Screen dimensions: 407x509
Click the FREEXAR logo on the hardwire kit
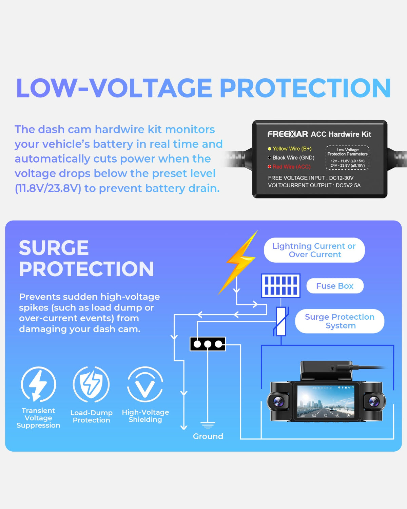click(x=287, y=134)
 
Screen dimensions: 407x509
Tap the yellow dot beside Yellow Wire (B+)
click(x=269, y=149)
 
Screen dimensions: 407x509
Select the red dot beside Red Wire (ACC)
click(x=269, y=167)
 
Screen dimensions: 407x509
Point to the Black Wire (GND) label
click(x=293, y=157)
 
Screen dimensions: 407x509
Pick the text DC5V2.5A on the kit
click(x=348, y=185)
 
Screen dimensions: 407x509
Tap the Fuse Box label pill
click(x=335, y=286)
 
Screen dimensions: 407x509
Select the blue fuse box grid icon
click(x=281, y=286)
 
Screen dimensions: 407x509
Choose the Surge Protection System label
click(x=340, y=321)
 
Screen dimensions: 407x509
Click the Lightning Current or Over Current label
click(x=314, y=250)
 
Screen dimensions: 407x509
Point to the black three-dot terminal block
click(x=208, y=344)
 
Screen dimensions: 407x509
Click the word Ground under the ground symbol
click(x=208, y=436)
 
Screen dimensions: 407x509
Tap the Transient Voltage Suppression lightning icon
click(x=38, y=384)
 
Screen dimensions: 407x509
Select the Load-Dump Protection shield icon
click(x=91, y=384)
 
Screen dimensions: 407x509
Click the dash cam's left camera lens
click(x=278, y=401)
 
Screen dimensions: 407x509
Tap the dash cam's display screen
click(x=326, y=401)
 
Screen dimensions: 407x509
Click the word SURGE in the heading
click(x=54, y=248)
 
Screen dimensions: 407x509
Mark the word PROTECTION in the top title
click(x=305, y=88)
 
